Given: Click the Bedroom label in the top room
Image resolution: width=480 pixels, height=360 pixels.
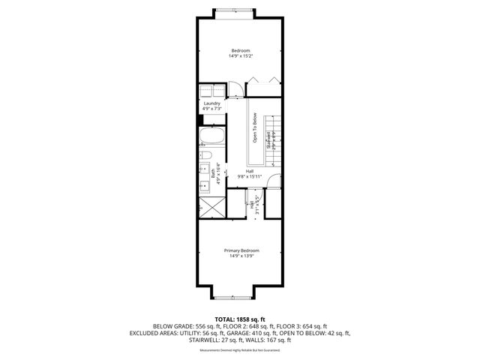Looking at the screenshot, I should click(x=240, y=49).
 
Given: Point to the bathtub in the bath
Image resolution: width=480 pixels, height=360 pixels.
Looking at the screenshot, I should click(x=209, y=137).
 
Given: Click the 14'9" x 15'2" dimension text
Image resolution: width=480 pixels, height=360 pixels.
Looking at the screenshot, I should click(x=240, y=55).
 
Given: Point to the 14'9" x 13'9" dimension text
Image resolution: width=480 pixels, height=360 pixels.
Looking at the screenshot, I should click(x=241, y=256).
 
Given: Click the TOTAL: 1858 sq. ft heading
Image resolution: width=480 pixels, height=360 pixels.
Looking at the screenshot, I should click(x=240, y=319).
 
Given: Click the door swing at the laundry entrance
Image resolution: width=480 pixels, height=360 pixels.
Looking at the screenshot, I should click(x=233, y=90).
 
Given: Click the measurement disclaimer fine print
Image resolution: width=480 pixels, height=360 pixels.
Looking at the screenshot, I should click(x=239, y=350).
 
